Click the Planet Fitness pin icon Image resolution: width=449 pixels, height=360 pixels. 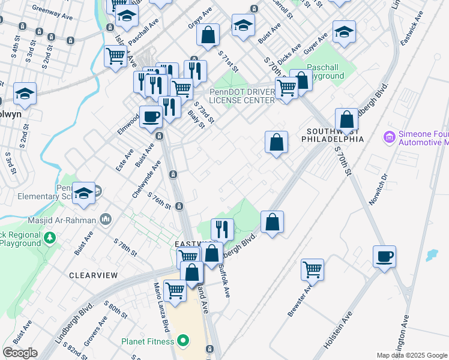pos(184,342)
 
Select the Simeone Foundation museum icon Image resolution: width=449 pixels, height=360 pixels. pos(389,137)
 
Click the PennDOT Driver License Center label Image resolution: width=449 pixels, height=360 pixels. pos(242,96)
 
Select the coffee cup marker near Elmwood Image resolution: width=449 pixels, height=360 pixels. pos(150,116)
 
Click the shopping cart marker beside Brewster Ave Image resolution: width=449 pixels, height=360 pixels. pos(312,269)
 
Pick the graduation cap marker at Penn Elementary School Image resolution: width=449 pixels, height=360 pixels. pos(83,193)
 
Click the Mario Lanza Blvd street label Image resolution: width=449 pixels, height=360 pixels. pos(160,307)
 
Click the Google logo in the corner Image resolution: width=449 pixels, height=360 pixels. pos(20,353)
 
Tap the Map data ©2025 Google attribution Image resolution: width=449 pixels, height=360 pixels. pos(411,355)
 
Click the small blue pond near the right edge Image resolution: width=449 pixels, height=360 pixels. pos(432,255)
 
